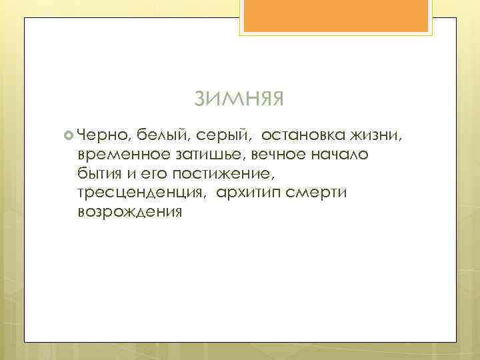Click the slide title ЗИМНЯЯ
(x=239, y=99)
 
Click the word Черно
(x=103, y=136)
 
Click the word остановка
(x=301, y=136)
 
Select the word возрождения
(x=129, y=213)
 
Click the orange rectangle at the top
(x=337, y=15)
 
